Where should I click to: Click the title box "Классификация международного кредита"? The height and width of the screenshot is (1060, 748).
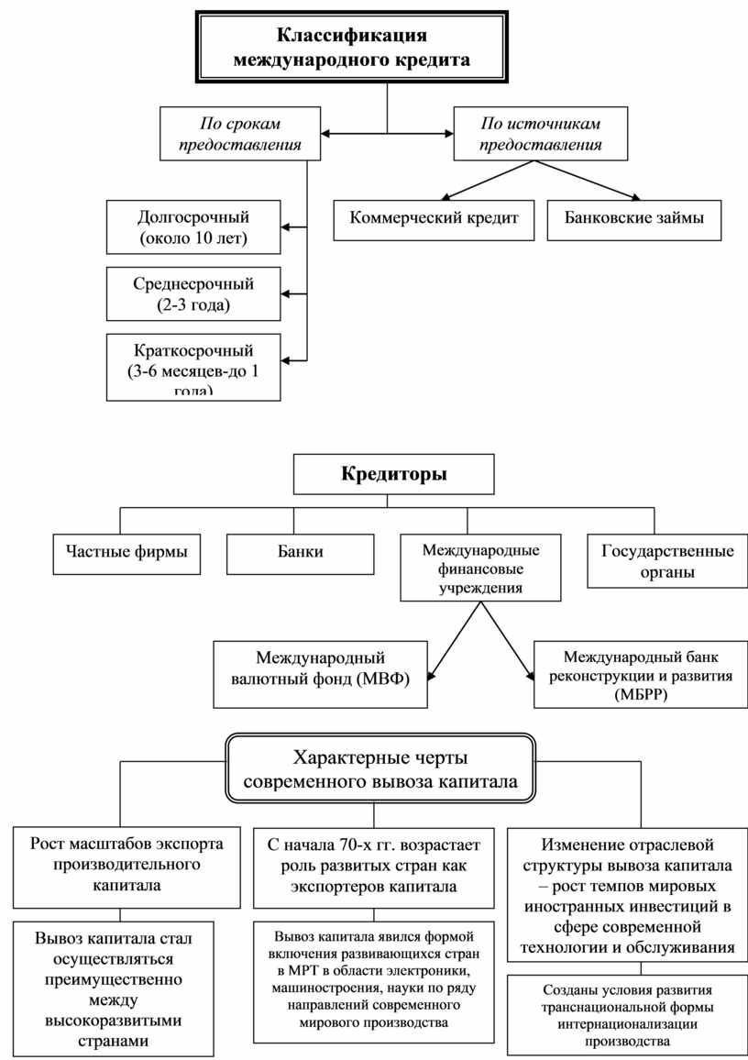(352, 49)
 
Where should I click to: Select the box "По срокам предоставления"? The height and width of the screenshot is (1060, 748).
(241, 134)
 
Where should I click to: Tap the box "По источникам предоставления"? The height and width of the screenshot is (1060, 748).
(542, 134)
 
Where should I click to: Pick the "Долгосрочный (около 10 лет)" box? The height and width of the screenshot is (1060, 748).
(193, 228)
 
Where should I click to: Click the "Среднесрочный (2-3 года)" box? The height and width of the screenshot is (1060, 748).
(193, 293)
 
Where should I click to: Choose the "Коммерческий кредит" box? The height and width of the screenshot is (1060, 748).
(434, 219)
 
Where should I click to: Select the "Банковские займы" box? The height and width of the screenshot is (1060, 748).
(634, 219)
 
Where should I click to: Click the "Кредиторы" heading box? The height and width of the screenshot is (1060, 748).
(394, 475)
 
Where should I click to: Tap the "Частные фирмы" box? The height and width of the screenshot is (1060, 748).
(126, 553)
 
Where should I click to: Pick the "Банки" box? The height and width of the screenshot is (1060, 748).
(301, 553)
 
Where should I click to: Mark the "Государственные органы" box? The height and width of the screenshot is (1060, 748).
(667, 561)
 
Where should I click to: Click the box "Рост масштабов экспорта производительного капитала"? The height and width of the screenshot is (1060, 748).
(126, 864)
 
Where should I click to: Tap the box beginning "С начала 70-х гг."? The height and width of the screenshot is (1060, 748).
(373, 864)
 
